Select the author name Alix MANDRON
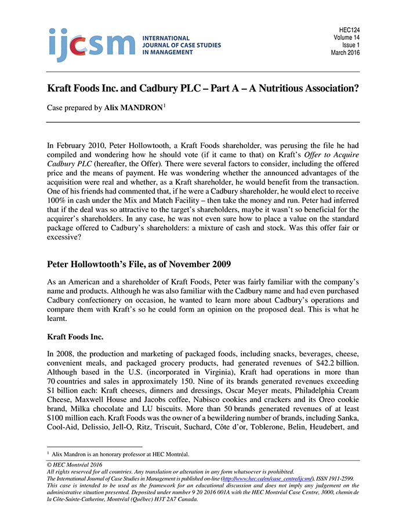133,108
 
